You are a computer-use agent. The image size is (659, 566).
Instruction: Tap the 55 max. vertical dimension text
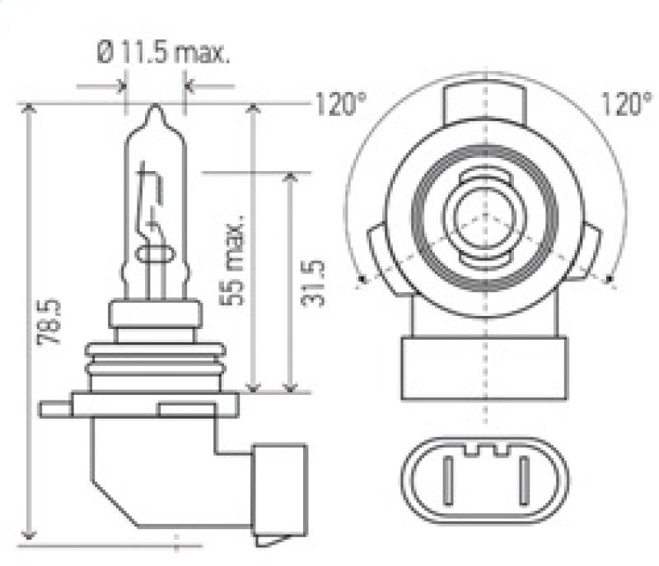click(x=236, y=261)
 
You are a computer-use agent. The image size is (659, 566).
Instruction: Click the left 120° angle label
click(x=339, y=105)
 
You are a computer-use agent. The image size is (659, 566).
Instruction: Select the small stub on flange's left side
click(x=57, y=406)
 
